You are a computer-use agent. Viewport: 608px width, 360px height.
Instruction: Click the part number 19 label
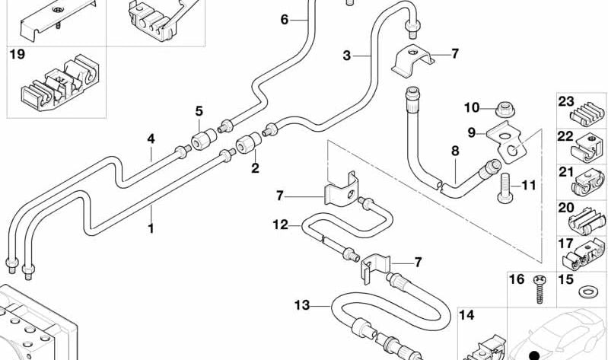click(x=17, y=55)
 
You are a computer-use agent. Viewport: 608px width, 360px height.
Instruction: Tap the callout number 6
click(x=285, y=20)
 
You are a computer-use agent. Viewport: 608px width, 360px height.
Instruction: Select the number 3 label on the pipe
click(x=347, y=56)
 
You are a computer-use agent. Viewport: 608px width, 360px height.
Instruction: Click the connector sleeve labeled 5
click(x=203, y=142)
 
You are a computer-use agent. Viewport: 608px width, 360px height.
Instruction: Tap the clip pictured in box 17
click(x=587, y=256)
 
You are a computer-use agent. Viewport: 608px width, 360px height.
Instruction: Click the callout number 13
click(x=302, y=305)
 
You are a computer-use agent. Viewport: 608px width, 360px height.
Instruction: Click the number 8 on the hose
click(x=455, y=151)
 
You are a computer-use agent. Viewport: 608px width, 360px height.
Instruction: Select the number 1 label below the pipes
click(x=151, y=228)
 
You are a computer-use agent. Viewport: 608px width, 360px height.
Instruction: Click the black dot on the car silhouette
click(x=533, y=354)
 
